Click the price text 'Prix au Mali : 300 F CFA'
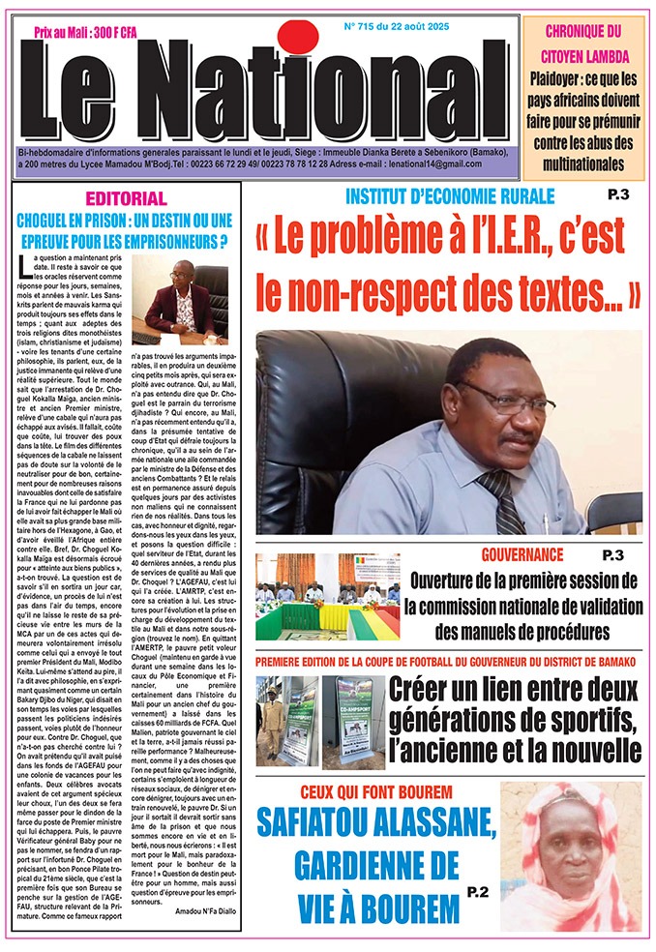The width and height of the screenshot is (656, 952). (x=85, y=32)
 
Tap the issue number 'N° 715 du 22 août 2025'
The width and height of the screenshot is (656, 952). (x=423, y=27)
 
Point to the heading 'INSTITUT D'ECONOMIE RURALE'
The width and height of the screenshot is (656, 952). (x=450, y=197)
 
